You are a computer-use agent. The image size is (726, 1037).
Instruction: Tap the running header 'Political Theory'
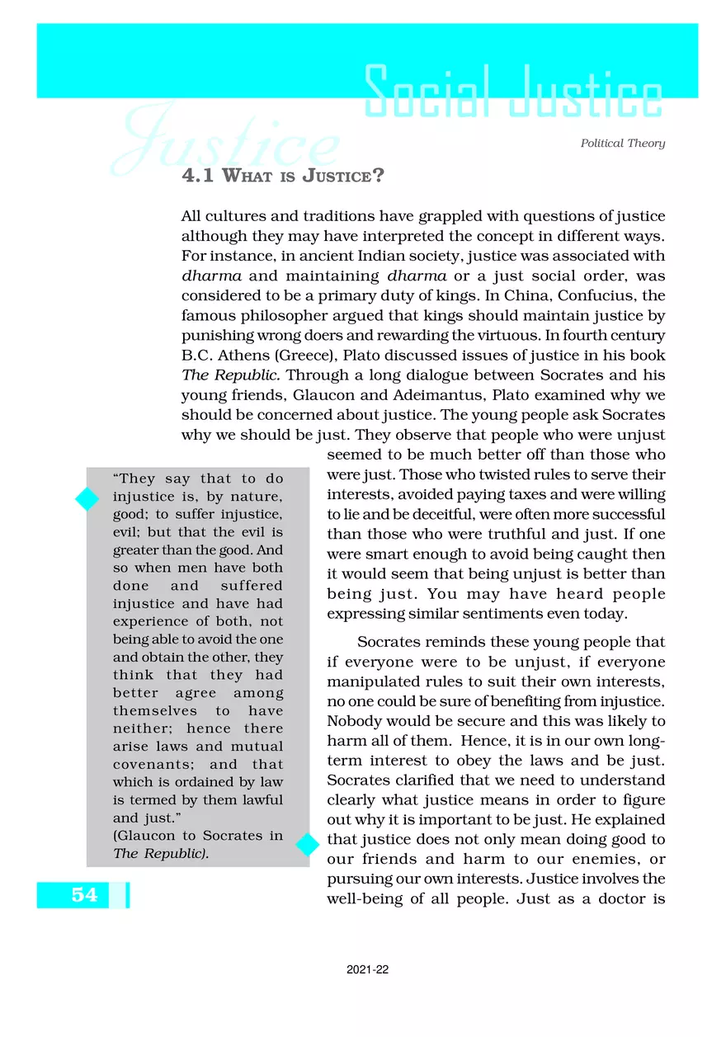coord(622,144)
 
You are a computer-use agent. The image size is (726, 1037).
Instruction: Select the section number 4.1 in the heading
coord(197,177)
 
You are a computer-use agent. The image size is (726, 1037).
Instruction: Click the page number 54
coord(83,894)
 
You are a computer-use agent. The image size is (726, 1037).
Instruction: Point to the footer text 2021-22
coord(367,970)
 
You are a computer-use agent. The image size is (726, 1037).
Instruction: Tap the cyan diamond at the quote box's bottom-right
coord(308,844)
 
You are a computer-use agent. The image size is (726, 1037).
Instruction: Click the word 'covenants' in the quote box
coord(148,764)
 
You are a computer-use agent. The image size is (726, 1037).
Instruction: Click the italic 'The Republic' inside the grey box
coord(159,853)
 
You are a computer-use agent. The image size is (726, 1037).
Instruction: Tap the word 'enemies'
coord(596,859)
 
